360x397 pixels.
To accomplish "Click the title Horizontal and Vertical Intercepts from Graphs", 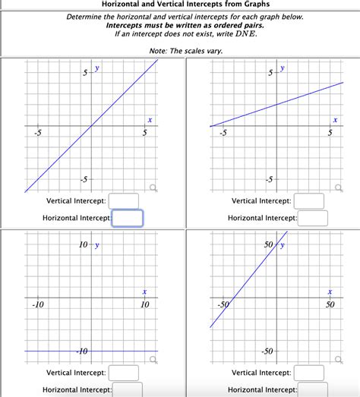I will (x=180, y=5).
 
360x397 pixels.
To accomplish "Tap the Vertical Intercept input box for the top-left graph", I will (x=124, y=200).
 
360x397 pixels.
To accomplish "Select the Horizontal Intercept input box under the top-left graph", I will (x=128, y=219).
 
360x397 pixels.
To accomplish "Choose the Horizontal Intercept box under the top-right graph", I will (x=312, y=219).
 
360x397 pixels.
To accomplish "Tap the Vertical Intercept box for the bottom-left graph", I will (x=124, y=373).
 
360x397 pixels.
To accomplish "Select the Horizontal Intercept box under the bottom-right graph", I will (x=312, y=389).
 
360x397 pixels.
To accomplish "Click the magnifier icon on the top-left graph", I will (x=153, y=187).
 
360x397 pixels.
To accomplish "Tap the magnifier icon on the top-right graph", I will (x=339, y=187).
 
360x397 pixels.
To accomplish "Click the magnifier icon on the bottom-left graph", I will (x=153, y=360).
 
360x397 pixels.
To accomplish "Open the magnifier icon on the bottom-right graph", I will (x=339, y=360).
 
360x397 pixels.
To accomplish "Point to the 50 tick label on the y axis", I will (x=268, y=245).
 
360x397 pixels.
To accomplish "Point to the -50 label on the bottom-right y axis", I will (x=267, y=352).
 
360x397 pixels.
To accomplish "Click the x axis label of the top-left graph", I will (x=150, y=119).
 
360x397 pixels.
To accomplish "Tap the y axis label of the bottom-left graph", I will (x=96, y=245).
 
